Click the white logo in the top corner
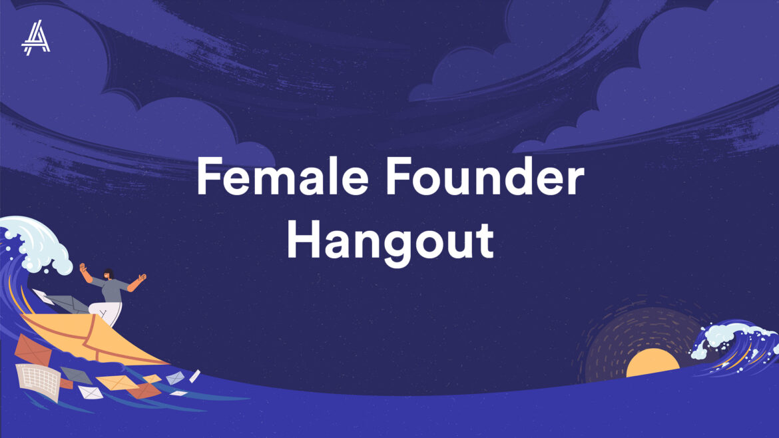click(x=36, y=38)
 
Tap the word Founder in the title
click(x=485, y=176)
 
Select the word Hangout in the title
click(x=390, y=241)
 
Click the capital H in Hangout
click(x=303, y=240)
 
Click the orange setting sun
click(x=652, y=363)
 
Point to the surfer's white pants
click(x=106, y=313)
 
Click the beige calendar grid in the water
click(x=38, y=381)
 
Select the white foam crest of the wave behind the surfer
click(x=37, y=244)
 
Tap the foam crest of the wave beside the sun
click(x=734, y=337)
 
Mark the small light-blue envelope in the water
click(x=175, y=378)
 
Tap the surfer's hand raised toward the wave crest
click(x=83, y=268)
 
